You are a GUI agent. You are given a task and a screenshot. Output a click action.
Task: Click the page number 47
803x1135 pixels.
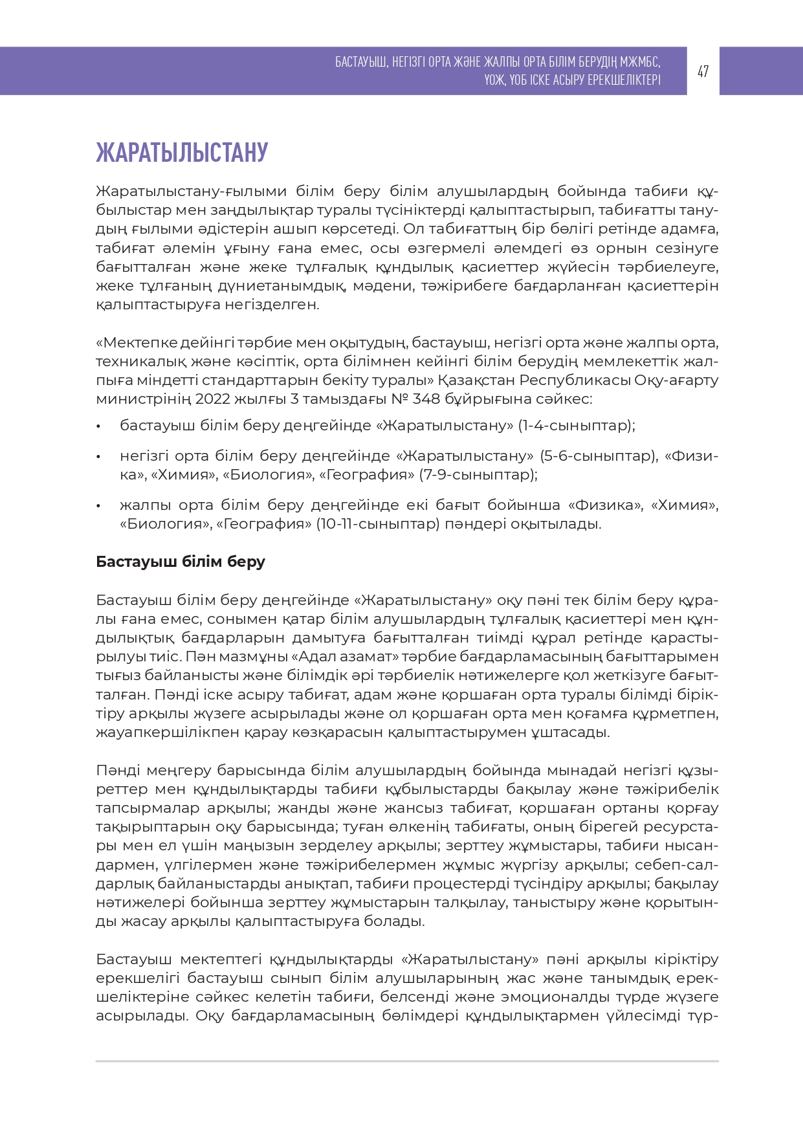pos(703,71)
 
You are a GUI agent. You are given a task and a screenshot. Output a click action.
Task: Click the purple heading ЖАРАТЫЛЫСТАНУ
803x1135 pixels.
pos(182,153)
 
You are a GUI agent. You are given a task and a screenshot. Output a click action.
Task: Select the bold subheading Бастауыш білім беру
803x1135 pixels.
pos(181,562)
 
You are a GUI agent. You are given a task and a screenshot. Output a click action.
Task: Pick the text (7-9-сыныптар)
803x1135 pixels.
pos(478,475)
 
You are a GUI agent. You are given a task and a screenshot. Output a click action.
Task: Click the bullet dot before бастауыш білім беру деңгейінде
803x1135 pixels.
pos(98,426)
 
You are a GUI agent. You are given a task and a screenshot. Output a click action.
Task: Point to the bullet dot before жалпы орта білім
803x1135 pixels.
pos(98,505)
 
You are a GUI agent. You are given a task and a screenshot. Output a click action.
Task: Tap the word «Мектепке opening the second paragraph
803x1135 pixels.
pos(136,342)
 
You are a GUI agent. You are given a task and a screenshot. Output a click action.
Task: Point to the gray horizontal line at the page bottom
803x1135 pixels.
pos(407,1061)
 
